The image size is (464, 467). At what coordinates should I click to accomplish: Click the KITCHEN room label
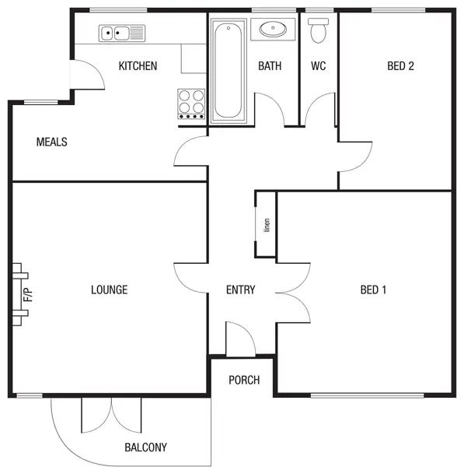coord(138,66)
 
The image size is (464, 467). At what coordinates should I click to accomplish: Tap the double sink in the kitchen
coord(122,33)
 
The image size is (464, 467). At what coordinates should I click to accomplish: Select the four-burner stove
coord(192,103)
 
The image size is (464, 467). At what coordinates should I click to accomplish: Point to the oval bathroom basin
coord(273,30)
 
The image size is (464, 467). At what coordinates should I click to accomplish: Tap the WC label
coord(318,66)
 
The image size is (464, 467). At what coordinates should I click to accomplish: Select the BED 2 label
coord(400,66)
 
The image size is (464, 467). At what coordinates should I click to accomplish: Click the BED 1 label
coord(374,290)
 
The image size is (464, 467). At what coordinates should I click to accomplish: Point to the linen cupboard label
coord(267,225)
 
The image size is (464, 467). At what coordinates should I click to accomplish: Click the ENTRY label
coord(240,290)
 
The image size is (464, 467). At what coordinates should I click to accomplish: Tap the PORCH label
coord(244,381)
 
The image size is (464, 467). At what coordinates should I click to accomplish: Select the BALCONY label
coord(145,448)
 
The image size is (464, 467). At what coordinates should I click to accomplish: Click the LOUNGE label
coord(109,290)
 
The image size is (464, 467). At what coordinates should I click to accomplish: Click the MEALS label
coord(52,142)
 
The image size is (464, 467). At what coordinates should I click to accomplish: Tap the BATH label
coord(270,66)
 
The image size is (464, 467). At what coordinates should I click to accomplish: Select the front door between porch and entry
coord(239,339)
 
